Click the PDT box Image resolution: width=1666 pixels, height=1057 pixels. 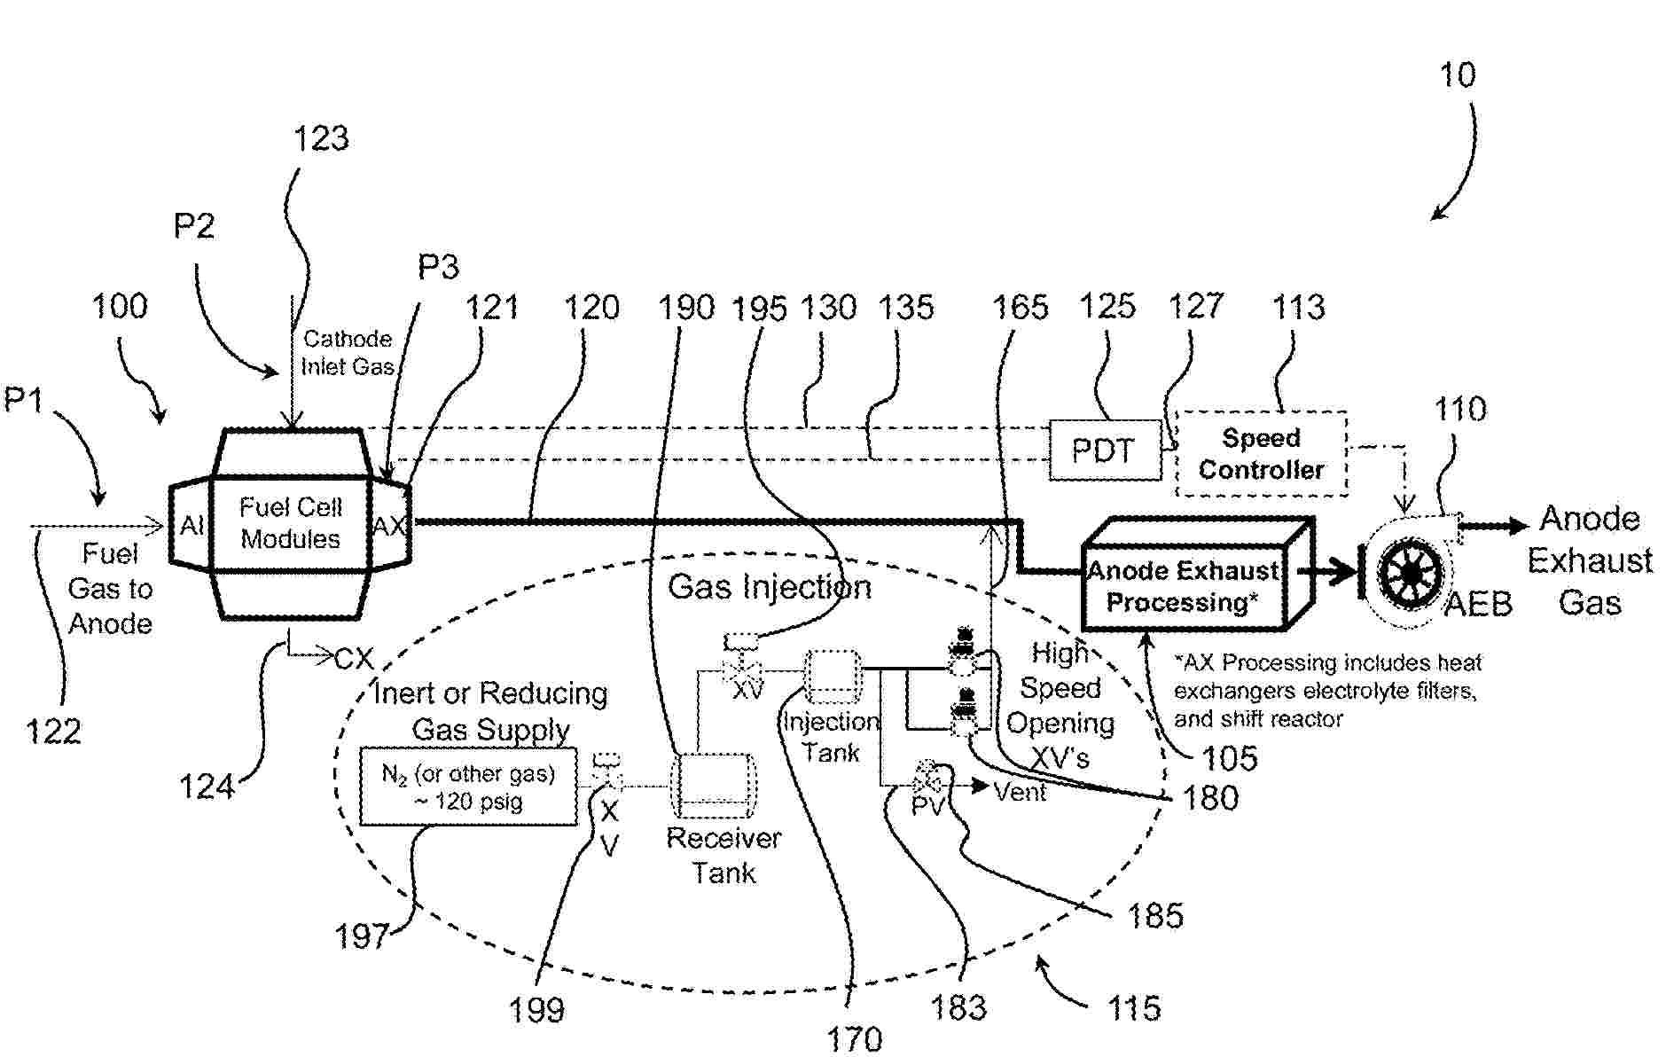coord(1104,450)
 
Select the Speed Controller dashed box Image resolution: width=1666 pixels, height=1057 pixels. coord(1261,454)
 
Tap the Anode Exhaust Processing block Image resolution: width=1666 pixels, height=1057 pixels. coord(1185,586)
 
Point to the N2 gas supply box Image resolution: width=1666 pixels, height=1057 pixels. coord(468,787)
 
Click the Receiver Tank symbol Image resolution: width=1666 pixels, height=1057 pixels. coord(713,786)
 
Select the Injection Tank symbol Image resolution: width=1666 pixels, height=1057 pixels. coord(832,678)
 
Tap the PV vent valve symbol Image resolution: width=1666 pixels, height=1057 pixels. coord(927,781)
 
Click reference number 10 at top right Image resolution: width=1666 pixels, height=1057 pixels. coord(1457,75)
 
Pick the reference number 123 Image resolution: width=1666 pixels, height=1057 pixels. coord(321,138)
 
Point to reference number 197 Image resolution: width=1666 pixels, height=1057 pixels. coord(361,936)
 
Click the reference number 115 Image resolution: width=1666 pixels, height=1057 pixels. coord(1134,1008)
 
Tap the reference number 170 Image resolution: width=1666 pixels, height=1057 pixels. coord(855,1038)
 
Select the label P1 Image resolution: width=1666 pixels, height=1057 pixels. coord(24,400)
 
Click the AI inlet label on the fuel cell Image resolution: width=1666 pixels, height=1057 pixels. coord(192,526)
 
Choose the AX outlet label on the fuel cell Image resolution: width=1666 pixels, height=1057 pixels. coord(388,526)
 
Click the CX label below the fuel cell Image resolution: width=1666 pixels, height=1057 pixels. coord(354,659)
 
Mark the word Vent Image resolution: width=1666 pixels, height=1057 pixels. coord(1020,791)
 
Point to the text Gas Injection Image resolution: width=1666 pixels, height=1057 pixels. coord(769,587)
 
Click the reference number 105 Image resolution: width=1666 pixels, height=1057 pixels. coord(1229,758)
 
